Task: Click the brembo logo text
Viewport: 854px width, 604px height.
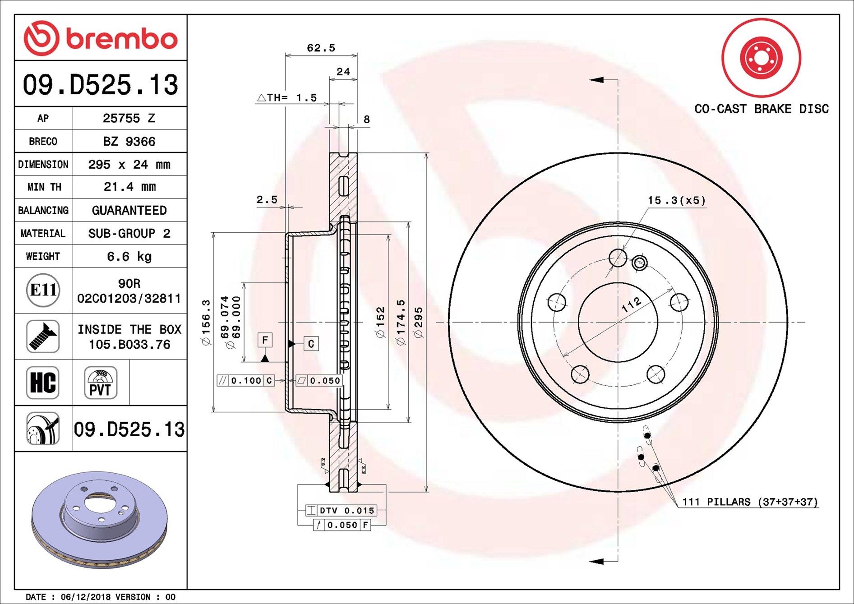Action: (x=121, y=39)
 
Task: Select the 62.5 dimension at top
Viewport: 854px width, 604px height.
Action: (x=321, y=48)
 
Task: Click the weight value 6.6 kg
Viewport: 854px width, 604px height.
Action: (x=129, y=257)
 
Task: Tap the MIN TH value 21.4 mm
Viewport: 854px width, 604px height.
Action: (x=129, y=187)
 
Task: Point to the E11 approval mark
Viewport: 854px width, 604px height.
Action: (x=43, y=290)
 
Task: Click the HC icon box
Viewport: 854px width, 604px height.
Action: (x=43, y=382)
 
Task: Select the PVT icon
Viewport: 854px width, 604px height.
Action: (x=100, y=383)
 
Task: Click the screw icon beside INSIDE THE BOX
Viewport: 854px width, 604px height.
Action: (x=43, y=337)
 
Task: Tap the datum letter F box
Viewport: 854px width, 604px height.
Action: (x=265, y=340)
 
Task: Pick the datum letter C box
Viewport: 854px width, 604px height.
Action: (x=311, y=344)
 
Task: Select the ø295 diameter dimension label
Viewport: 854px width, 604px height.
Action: (x=418, y=322)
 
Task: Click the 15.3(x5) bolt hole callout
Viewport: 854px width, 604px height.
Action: (x=676, y=200)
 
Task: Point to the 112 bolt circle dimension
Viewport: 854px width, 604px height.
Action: (x=631, y=304)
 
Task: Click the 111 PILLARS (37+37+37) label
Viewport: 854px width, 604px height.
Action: (x=749, y=502)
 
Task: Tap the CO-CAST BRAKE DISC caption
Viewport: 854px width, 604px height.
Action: (x=761, y=109)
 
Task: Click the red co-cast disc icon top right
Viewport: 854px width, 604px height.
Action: (x=761, y=58)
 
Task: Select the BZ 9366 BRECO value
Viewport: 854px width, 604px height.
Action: (x=129, y=142)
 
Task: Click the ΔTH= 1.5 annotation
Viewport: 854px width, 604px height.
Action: (x=287, y=97)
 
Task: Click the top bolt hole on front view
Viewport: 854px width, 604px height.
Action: (x=618, y=258)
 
